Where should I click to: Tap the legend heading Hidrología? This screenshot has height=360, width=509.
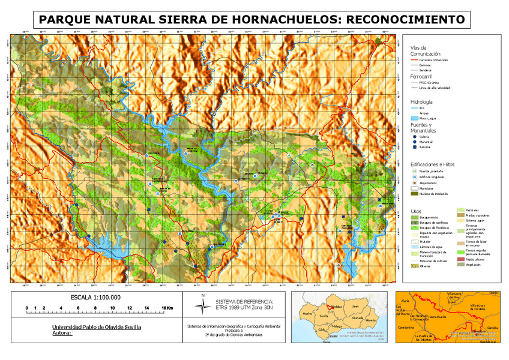[x=421, y=102]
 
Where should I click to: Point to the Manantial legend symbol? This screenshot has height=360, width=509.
[x=414, y=142]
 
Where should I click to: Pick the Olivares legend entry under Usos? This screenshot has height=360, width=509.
[x=426, y=266]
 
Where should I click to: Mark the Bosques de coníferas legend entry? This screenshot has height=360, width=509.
[x=432, y=222]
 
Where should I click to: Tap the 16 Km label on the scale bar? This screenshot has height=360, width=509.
[x=167, y=308]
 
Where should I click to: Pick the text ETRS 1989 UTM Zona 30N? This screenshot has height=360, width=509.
[x=244, y=307]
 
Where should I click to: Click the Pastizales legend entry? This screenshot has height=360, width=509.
[x=474, y=210]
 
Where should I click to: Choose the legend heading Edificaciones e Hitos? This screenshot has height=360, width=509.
[x=432, y=164]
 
